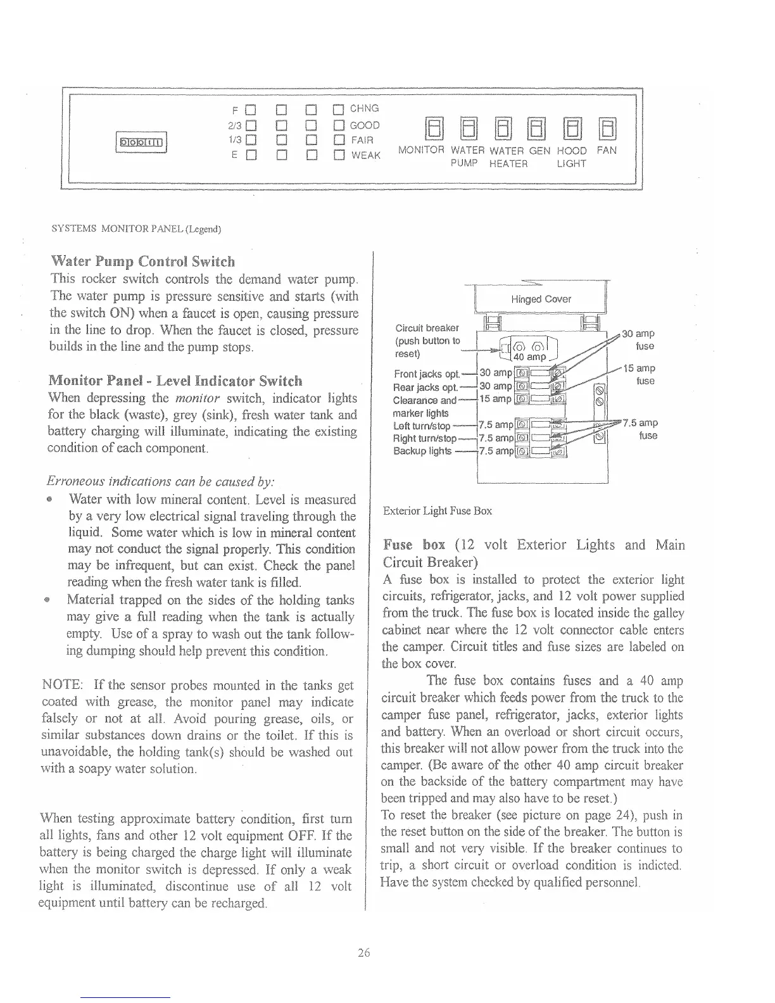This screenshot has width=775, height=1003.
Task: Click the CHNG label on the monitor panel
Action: pos(365,108)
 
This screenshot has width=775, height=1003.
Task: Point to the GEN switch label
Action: pos(539,151)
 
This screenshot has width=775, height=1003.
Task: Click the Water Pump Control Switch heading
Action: pos(142,262)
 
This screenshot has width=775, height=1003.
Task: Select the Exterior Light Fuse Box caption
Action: pos(438,510)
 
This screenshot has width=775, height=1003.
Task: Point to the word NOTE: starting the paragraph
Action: pos(61,685)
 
